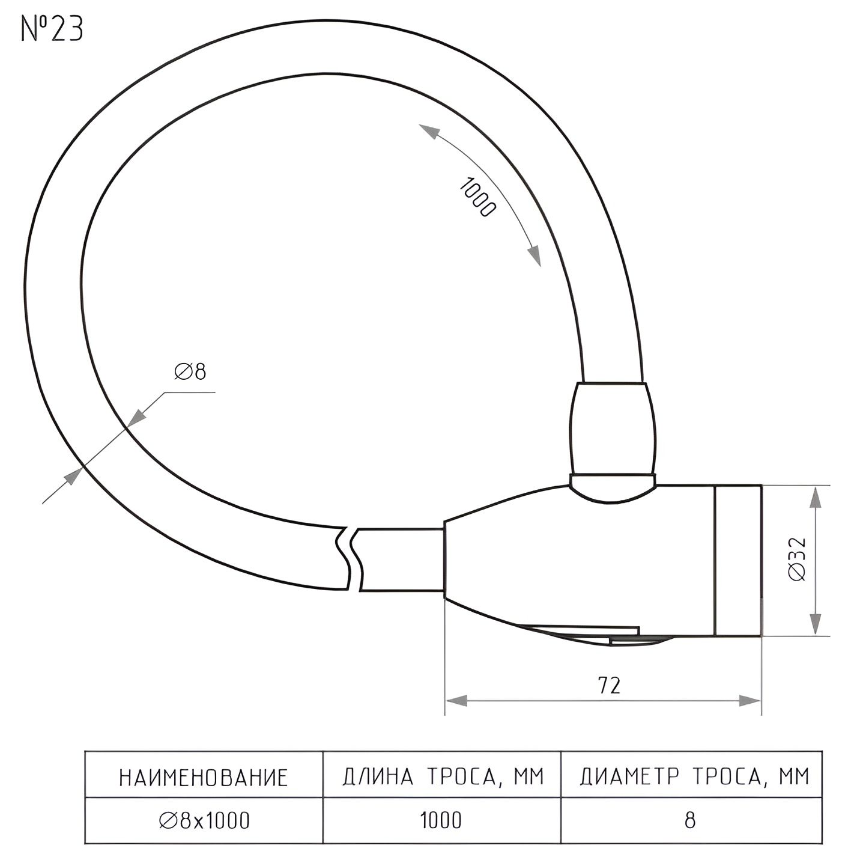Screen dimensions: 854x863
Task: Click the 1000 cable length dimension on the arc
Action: (x=477, y=198)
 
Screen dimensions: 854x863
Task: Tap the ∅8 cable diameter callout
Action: (x=190, y=372)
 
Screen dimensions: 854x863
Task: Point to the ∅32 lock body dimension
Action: (x=798, y=560)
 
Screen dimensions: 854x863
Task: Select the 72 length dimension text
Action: (x=609, y=685)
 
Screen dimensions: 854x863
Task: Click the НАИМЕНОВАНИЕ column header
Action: (x=203, y=778)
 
